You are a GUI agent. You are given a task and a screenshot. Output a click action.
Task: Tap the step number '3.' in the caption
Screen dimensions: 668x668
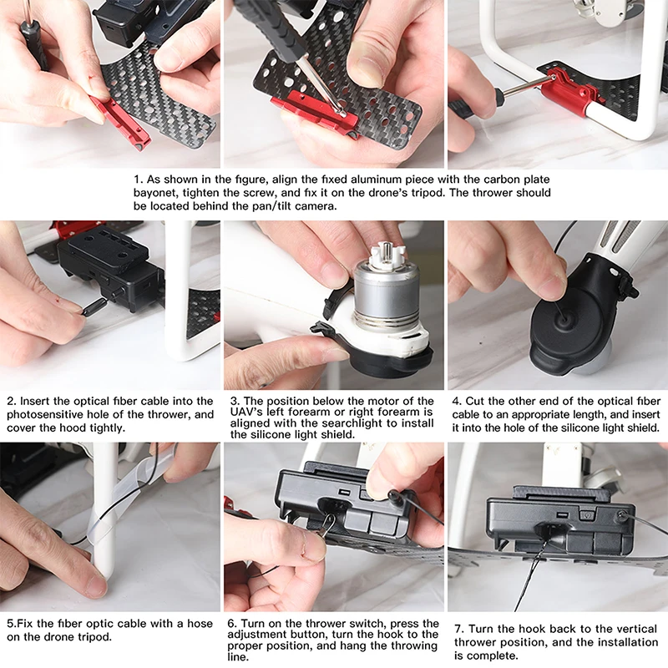coord(235,401)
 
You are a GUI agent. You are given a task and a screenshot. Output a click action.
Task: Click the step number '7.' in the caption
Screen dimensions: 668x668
coord(458,630)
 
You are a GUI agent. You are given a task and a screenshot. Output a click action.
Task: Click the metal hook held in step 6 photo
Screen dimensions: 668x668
coord(327,526)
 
